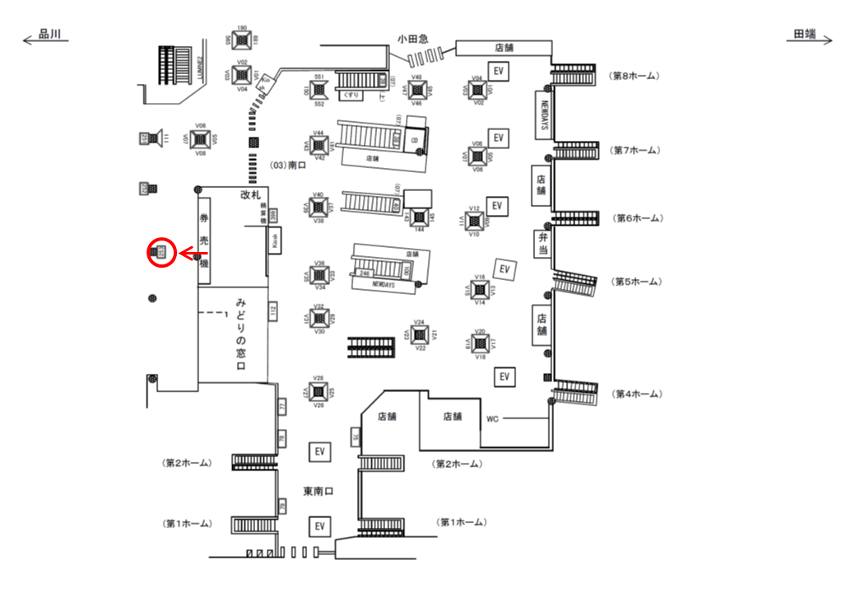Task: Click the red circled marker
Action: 160,252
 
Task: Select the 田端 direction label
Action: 805,35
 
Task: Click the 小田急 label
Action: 413,38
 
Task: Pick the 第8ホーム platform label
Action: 634,76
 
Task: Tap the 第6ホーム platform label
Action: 639,218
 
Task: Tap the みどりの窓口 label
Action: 242,334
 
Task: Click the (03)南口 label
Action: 286,166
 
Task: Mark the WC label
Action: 492,418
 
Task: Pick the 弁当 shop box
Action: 541,243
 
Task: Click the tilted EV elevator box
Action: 505,268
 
